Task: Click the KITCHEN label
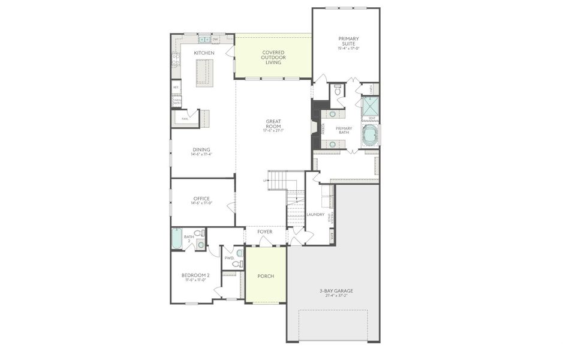tap(204, 53)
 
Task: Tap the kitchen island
tap(204, 73)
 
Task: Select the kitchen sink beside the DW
tap(204, 40)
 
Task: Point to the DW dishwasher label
tap(215, 40)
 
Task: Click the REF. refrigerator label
tap(176, 87)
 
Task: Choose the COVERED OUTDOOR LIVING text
tap(273, 58)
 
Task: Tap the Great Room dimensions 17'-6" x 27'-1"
tap(274, 130)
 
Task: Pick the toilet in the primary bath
tap(338, 91)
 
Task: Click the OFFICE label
tap(201, 199)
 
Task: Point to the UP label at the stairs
tap(265, 180)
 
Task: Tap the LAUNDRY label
tap(315, 214)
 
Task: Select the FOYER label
tap(265, 232)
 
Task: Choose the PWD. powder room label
tap(229, 258)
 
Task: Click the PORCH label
tap(266, 276)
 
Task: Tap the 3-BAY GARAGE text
tap(333, 291)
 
